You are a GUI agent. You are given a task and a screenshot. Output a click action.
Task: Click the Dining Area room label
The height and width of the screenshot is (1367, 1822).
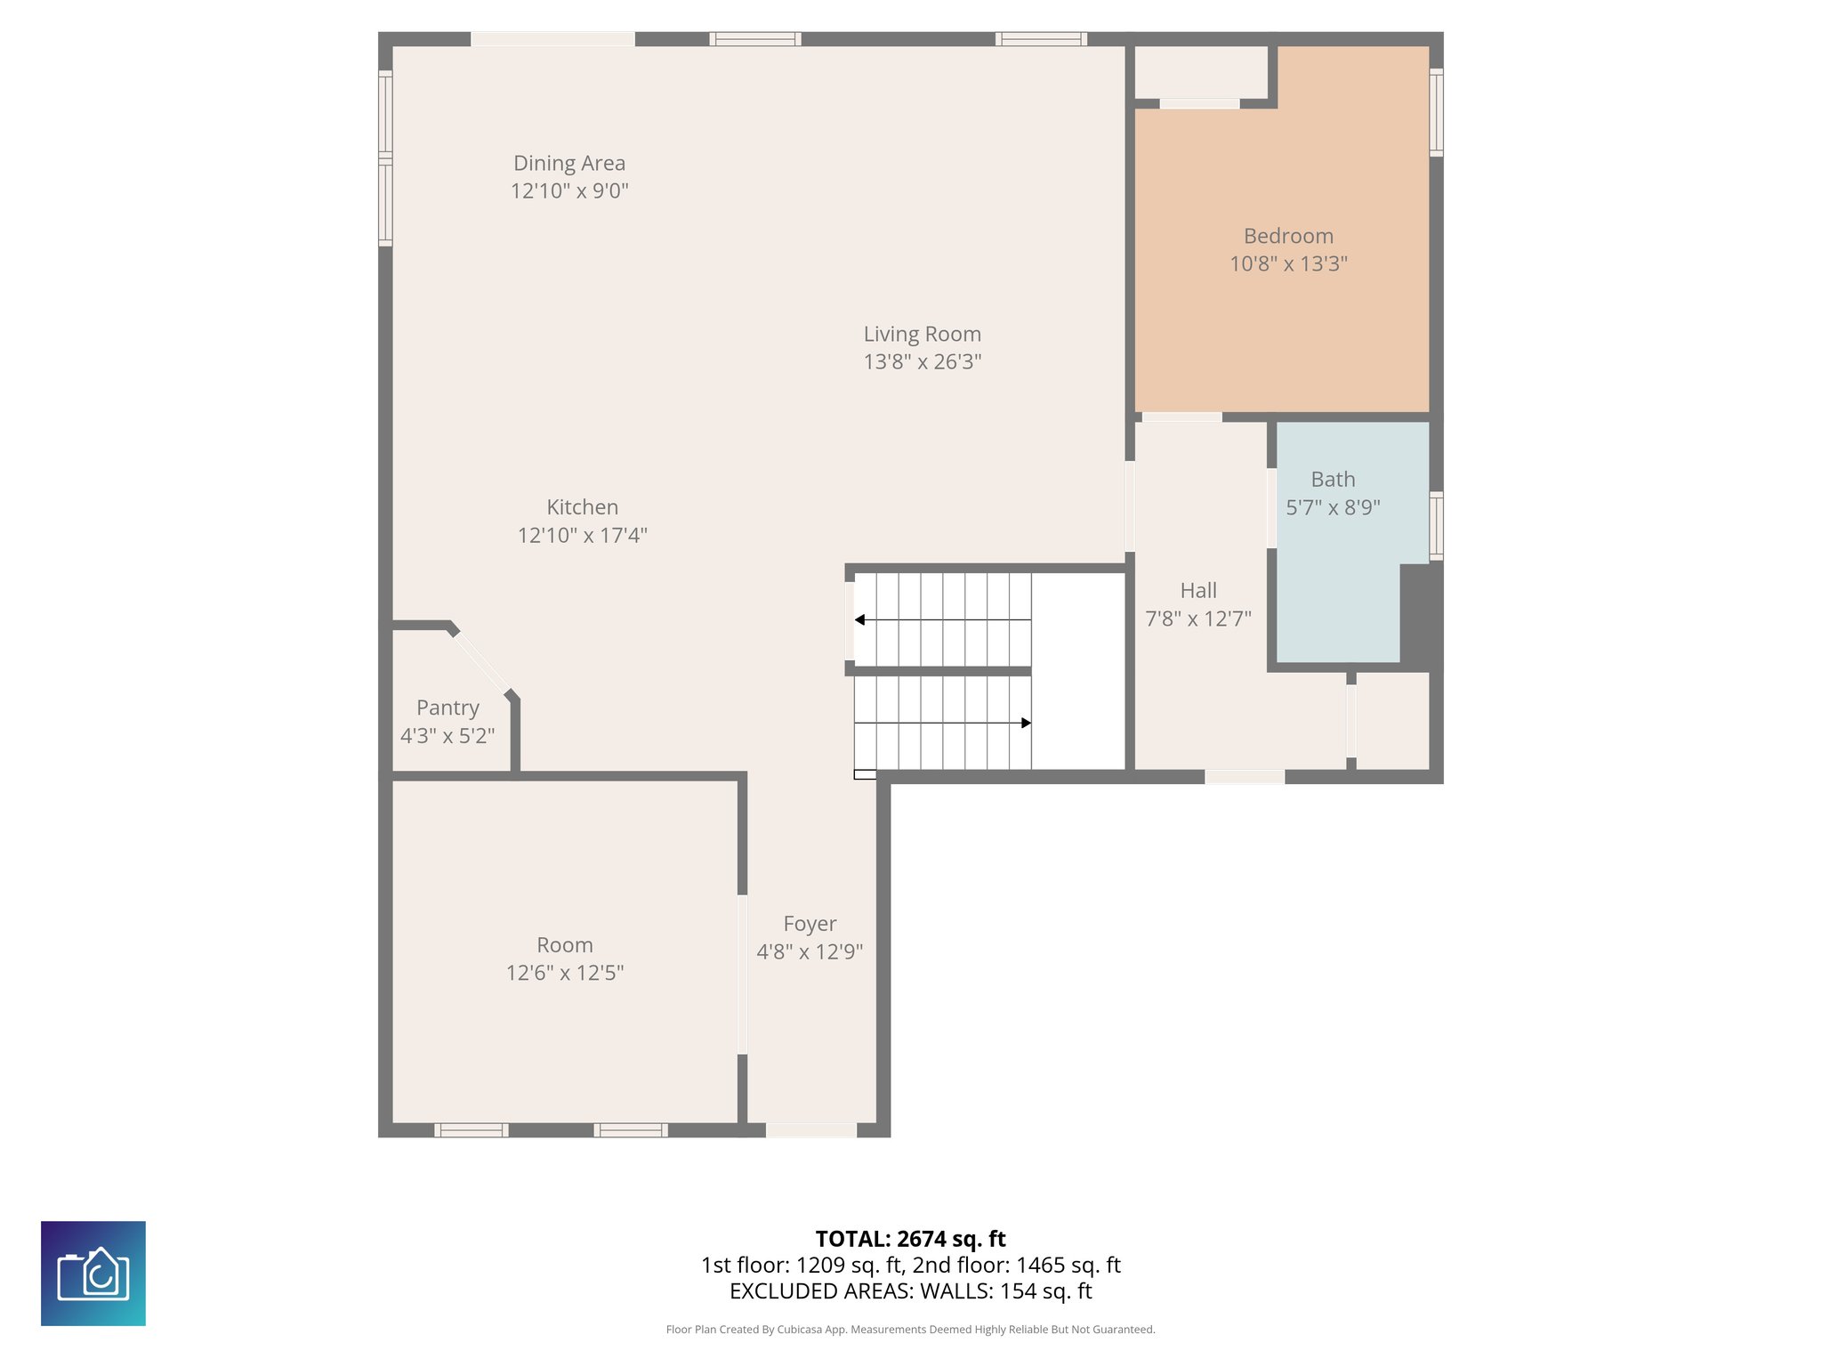569,164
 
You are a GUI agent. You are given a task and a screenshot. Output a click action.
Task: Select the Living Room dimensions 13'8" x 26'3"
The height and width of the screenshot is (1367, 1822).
923,362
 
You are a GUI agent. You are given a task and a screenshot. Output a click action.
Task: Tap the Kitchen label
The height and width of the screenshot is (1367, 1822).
582,507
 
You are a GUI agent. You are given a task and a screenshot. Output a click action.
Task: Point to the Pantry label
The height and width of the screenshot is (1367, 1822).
447,708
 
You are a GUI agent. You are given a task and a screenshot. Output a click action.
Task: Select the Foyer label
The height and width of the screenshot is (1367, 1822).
810,925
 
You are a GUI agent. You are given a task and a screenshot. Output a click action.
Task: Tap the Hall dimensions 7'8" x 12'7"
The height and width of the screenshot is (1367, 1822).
1197,619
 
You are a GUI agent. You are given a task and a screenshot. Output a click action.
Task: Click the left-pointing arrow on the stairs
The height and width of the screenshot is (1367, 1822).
860,619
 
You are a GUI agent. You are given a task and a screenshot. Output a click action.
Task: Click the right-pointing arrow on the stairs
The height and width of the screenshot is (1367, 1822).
1026,723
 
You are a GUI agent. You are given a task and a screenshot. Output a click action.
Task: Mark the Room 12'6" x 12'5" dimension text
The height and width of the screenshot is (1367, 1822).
565,974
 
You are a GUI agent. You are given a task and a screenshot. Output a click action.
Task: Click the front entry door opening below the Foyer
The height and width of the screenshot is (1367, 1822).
810,1130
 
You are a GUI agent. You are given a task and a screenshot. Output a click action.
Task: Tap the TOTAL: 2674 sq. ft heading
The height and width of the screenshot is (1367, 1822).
910,1239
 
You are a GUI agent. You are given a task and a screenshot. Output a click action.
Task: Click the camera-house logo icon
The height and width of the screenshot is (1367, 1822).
93,1274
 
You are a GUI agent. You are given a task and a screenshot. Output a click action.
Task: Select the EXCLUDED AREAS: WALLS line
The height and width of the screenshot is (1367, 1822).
910,1291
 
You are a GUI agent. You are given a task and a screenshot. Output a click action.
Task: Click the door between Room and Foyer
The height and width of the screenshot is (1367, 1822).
742,975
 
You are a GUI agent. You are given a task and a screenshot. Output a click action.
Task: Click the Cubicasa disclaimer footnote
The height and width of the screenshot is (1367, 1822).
910,1330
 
